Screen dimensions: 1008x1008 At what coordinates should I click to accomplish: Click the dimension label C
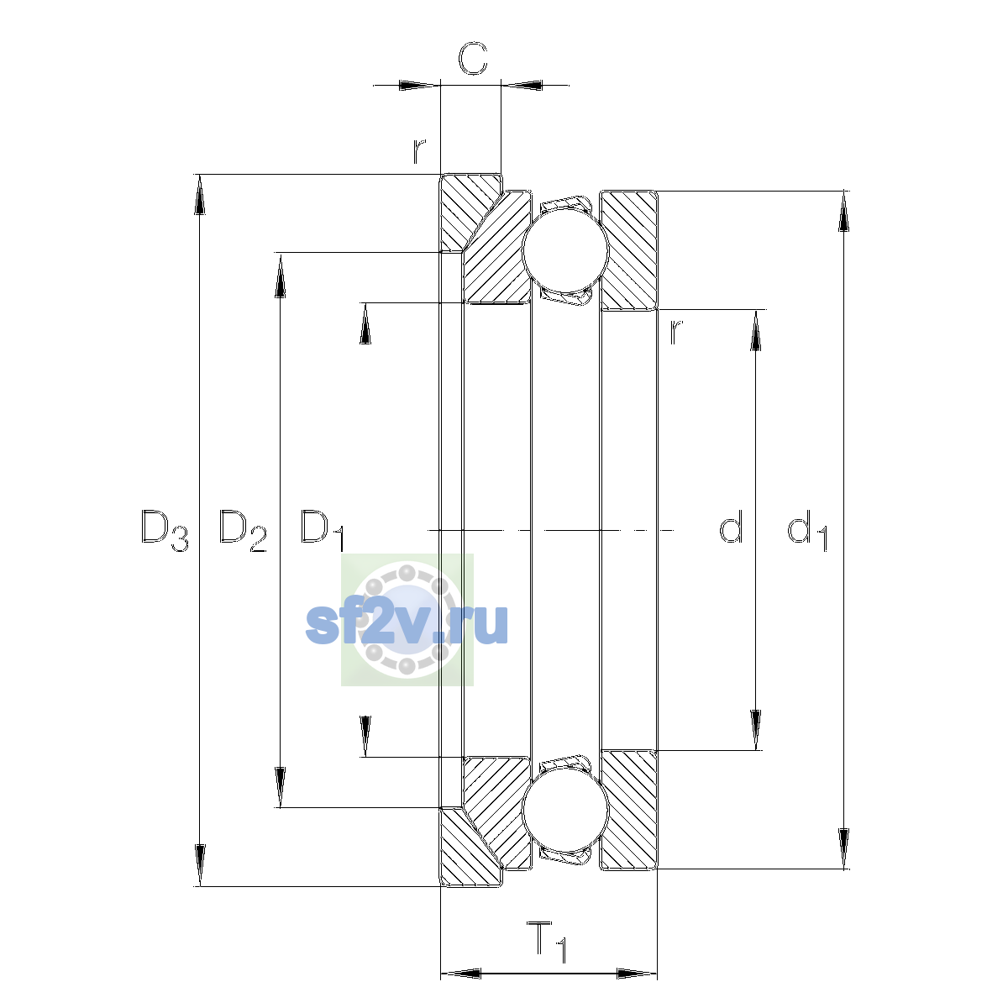pos(472,58)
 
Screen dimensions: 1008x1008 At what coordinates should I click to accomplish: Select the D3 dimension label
pos(165,530)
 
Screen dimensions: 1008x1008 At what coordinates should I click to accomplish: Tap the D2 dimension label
pos(242,530)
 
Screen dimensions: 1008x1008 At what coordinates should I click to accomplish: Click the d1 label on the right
pos(807,530)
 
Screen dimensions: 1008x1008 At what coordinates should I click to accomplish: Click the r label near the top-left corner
pos(418,150)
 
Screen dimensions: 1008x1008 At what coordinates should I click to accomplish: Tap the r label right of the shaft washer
pos(676,332)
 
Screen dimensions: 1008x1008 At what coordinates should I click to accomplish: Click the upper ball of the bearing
pos(565,250)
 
